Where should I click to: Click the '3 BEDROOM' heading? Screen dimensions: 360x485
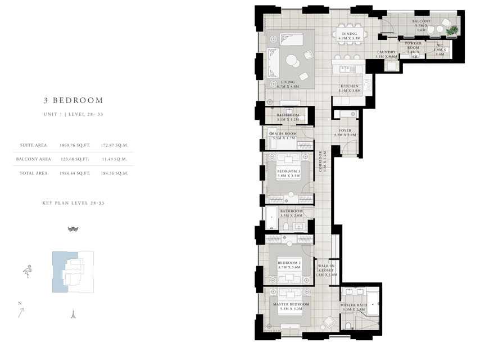click(74, 101)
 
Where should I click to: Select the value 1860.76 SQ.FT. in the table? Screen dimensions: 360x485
click(75, 145)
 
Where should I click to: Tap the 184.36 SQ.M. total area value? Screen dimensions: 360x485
click(114, 173)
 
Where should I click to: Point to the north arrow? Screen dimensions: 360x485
click(21, 311)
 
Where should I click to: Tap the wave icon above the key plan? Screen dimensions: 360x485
click(72, 229)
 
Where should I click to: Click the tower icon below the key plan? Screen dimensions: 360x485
click(72, 314)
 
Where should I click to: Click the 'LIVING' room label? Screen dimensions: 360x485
click(288, 82)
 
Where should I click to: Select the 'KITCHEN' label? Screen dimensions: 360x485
click(348, 87)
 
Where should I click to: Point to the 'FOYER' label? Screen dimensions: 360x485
click(345, 132)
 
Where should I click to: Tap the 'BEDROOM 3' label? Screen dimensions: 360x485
click(287, 171)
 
